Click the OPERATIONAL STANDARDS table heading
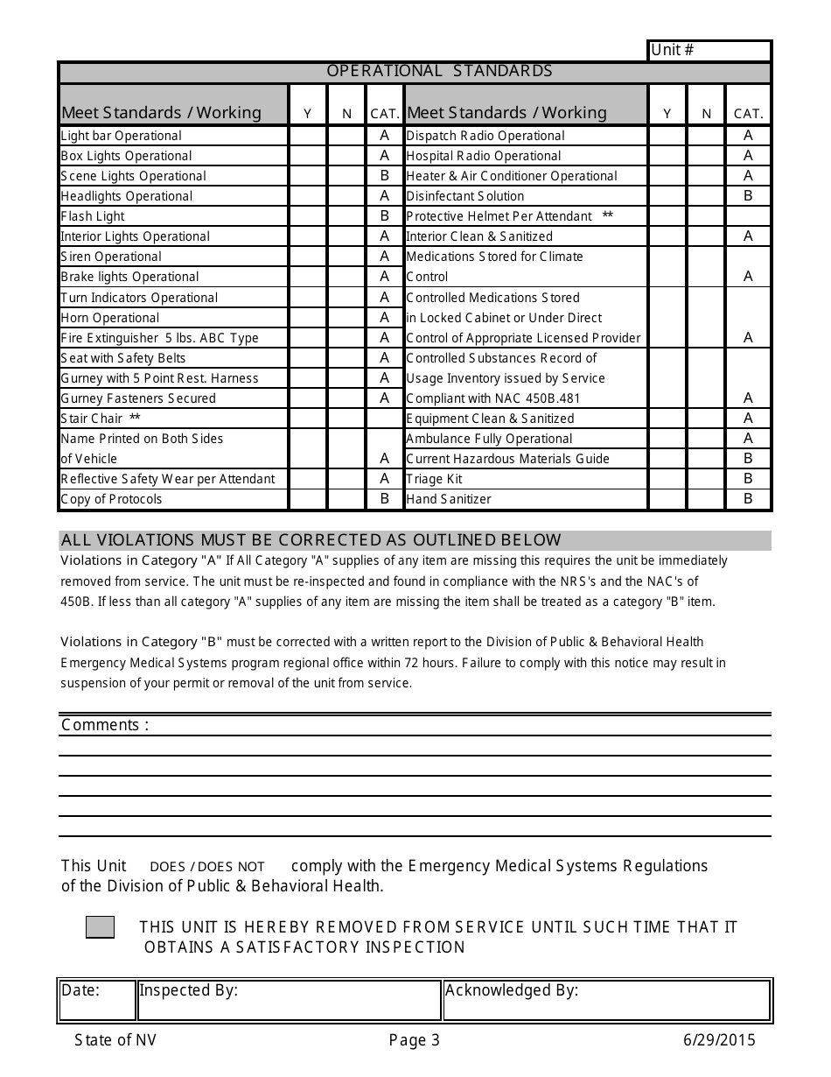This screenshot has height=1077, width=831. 439,71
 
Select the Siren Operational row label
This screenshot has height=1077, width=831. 111,257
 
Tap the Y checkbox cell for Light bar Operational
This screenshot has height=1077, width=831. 307,136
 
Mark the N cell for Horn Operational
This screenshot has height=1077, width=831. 346,318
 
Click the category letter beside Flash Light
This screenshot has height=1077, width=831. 384,216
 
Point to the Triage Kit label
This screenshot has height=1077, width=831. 435,479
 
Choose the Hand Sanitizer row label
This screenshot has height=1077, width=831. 449,499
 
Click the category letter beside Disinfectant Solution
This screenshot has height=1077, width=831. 748,196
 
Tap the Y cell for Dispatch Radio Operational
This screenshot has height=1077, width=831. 667,136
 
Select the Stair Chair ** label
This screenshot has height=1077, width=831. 101,419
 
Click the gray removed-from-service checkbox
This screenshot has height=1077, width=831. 100,927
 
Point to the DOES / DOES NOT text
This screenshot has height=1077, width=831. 207,867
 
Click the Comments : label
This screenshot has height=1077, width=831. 105,725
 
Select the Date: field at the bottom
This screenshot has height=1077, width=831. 96,1000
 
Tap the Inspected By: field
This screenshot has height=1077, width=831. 289,1000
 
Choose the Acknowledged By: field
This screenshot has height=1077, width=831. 605,1000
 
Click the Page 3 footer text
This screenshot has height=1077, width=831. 415,1040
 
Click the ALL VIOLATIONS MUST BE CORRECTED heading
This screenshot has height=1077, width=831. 311,540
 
